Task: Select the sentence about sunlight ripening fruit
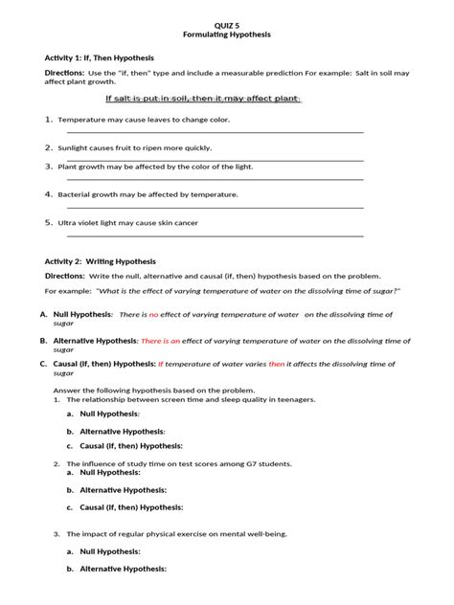click(134, 148)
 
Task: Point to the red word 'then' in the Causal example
click(303, 364)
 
